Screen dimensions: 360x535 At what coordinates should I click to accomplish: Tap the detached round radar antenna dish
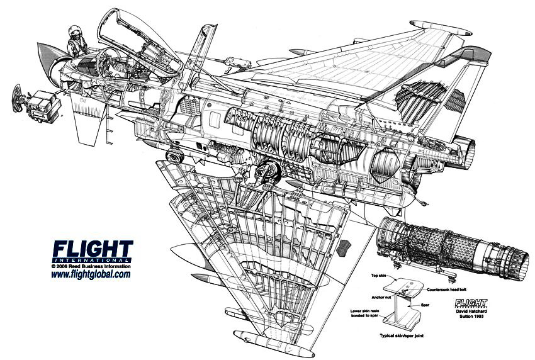tap(18, 99)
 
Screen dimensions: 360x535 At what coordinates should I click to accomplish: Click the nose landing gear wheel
tap(173, 154)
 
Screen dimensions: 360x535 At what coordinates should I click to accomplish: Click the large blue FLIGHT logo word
tap(93, 249)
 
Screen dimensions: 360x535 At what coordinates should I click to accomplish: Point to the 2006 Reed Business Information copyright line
tap(91, 266)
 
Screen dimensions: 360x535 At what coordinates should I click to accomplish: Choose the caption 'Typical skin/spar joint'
tap(407, 337)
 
